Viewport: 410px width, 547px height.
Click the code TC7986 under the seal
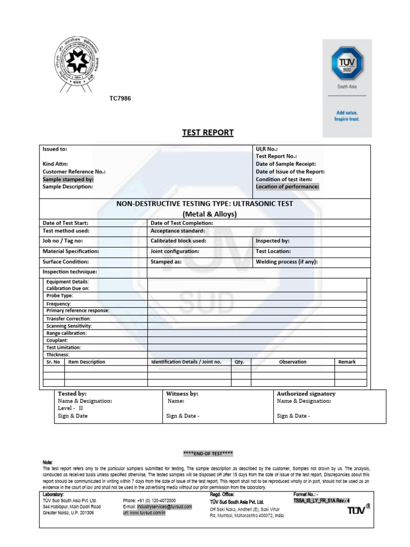click(x=120, y=99)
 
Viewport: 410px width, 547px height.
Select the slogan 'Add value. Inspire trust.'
click(x=348, y=116)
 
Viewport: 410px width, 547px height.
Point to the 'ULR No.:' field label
click(x=267, y=149)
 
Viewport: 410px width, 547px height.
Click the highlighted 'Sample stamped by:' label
click(x=68, y=179)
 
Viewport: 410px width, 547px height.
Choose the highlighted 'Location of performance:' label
click(x=287, y=187)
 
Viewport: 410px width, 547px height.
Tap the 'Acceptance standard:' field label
click(x=178, y=231)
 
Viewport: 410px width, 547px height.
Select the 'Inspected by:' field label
click(x=273, y=241)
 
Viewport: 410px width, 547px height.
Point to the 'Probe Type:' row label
click(x=60, y=295)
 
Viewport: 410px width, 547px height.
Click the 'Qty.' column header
click(x=240, y=362)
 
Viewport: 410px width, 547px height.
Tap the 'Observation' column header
click(x=293, y=362)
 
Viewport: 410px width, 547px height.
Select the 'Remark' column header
click(x=347, y=362)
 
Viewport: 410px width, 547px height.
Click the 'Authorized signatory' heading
click(x=306, y=394)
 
